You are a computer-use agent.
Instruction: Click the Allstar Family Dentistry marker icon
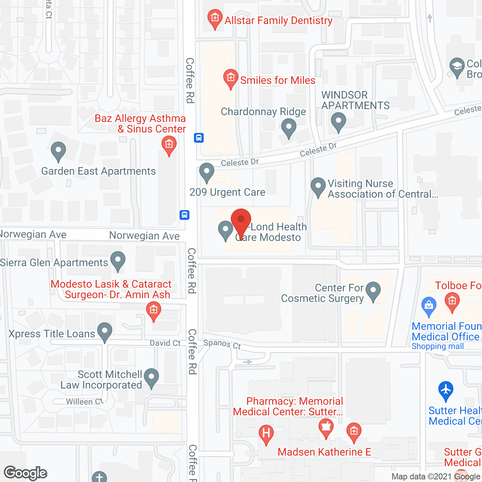click(215, 18)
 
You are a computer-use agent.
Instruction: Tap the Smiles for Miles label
click(278, 80)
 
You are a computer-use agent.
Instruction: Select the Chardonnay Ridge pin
click(289, 127)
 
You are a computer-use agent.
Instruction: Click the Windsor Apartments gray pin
click(338, 121)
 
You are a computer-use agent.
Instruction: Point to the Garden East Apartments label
click(98, 171)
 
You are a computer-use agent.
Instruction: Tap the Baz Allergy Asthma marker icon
click(169, 145)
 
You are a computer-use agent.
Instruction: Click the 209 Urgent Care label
click(227, 192)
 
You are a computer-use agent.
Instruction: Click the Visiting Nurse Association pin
click(318, 186)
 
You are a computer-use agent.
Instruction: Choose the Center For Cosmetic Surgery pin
click(373, 291)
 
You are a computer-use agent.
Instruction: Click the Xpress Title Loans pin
click(105, 331)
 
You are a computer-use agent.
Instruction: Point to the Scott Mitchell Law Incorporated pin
click(151, 377)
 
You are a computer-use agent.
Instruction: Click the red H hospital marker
click(266, 433)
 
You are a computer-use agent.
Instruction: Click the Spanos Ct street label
click(222, 344)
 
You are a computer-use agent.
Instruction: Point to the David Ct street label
click(165, 343)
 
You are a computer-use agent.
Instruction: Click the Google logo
click(26, 473)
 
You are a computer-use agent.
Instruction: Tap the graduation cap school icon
click(457, 67)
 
